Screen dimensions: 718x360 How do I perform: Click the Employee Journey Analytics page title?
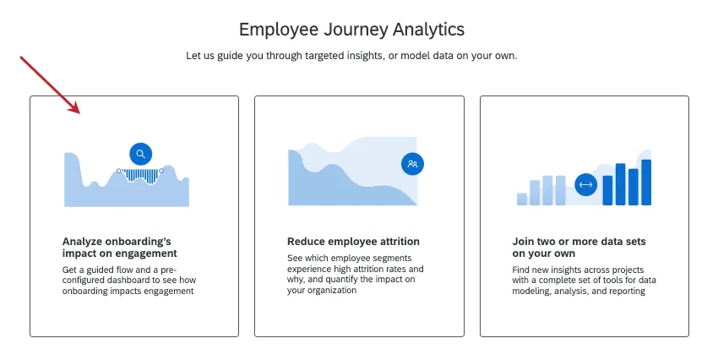[x=351, y=30]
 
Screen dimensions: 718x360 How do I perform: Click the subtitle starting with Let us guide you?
[x=351, y=56]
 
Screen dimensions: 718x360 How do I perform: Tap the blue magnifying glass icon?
[x=140, y=154]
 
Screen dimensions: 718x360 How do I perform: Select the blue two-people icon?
[x=412, y=163]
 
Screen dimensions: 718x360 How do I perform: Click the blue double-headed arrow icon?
[x=585, y=184]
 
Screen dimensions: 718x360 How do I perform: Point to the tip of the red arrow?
[x=80, y=113]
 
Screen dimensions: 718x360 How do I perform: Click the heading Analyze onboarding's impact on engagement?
[x=120, y=248]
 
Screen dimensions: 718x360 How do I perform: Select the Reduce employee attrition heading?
[x=353, y=242]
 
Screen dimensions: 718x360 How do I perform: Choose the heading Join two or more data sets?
[x=579, y=248]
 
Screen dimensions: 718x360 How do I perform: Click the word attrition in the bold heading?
[x=399, y=242]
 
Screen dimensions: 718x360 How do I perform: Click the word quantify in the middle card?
[x=341, y=280]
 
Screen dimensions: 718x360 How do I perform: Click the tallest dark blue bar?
[x=646, y=183]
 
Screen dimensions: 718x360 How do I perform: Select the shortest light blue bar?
[x=522, y=199]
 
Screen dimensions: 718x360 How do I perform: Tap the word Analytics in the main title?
[x=428, y=30]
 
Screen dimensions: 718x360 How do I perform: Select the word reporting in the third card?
[x=627, y=292]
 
